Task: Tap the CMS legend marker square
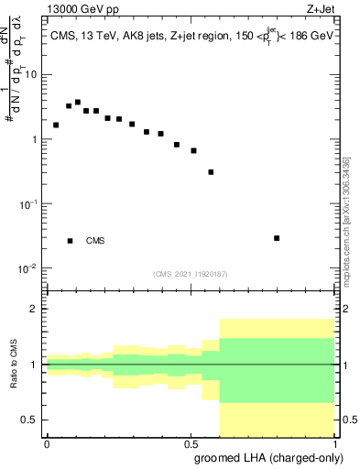click(71, 241)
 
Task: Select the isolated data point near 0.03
click(277, 238)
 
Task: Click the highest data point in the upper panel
click(78, 103)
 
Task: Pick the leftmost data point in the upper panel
click(56, 125)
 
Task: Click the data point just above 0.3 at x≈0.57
click(211, 171)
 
